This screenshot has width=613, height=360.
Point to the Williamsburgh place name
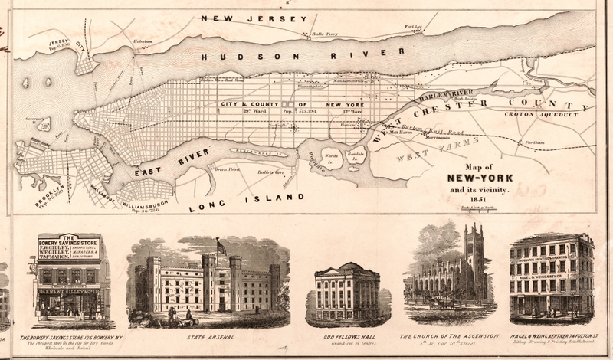144,201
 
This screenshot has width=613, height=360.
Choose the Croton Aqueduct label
541,114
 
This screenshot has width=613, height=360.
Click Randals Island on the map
355,155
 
